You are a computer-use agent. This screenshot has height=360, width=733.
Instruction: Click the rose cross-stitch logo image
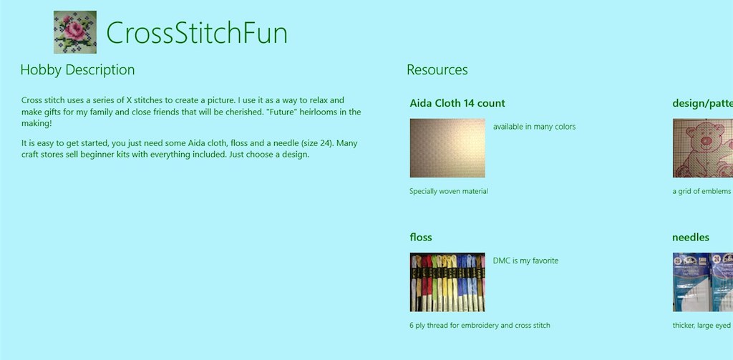pyautogui.click(x=74, y=32)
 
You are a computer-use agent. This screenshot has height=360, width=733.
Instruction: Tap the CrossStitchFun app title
pyautogui.click(x=197, y=33)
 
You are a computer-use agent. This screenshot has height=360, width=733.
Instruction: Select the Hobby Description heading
pyautogui.click(x=77, y=69)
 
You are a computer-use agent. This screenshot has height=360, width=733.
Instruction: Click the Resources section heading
pyautogui.click(x=437, y=69)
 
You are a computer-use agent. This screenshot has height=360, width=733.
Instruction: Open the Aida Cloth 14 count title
pyautogui.click(x=457, y=103)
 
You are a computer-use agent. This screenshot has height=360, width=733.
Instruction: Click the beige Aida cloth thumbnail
pyautogui.click(x=447, y=147)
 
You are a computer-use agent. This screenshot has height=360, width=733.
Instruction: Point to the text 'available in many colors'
pyautogui.click(x=534, y=127)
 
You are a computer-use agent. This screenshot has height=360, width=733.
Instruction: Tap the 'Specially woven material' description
pyautogui.click(x=449, y=191)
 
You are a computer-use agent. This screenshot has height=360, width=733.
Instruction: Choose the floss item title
pyautogui.click(x=421, y=237)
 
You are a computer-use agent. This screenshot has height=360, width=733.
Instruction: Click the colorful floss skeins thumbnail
pyautogui.click(x=447, y=282)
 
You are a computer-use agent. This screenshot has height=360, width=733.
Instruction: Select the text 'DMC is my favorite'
pyautogui.click(x=525, y=261)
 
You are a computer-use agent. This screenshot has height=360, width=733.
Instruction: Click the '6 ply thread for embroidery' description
pyautogui.click(x=480, y=326)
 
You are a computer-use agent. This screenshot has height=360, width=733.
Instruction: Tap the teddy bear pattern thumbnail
pyautogui.click(x=703, y=147)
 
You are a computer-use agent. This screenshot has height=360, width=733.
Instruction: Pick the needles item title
pyautogui.click(x=691, y=237)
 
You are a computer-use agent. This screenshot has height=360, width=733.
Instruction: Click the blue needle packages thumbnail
pyautogui.click(x=703, y=282)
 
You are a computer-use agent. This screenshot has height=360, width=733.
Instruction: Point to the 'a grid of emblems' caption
pyautogui.click(x=702, y=191)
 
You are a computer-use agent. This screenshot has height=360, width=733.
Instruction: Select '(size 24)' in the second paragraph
pyautogui.click(x=317, y=143)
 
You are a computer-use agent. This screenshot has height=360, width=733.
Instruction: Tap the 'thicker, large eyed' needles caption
pyautogui.click(x=702, y=326)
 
